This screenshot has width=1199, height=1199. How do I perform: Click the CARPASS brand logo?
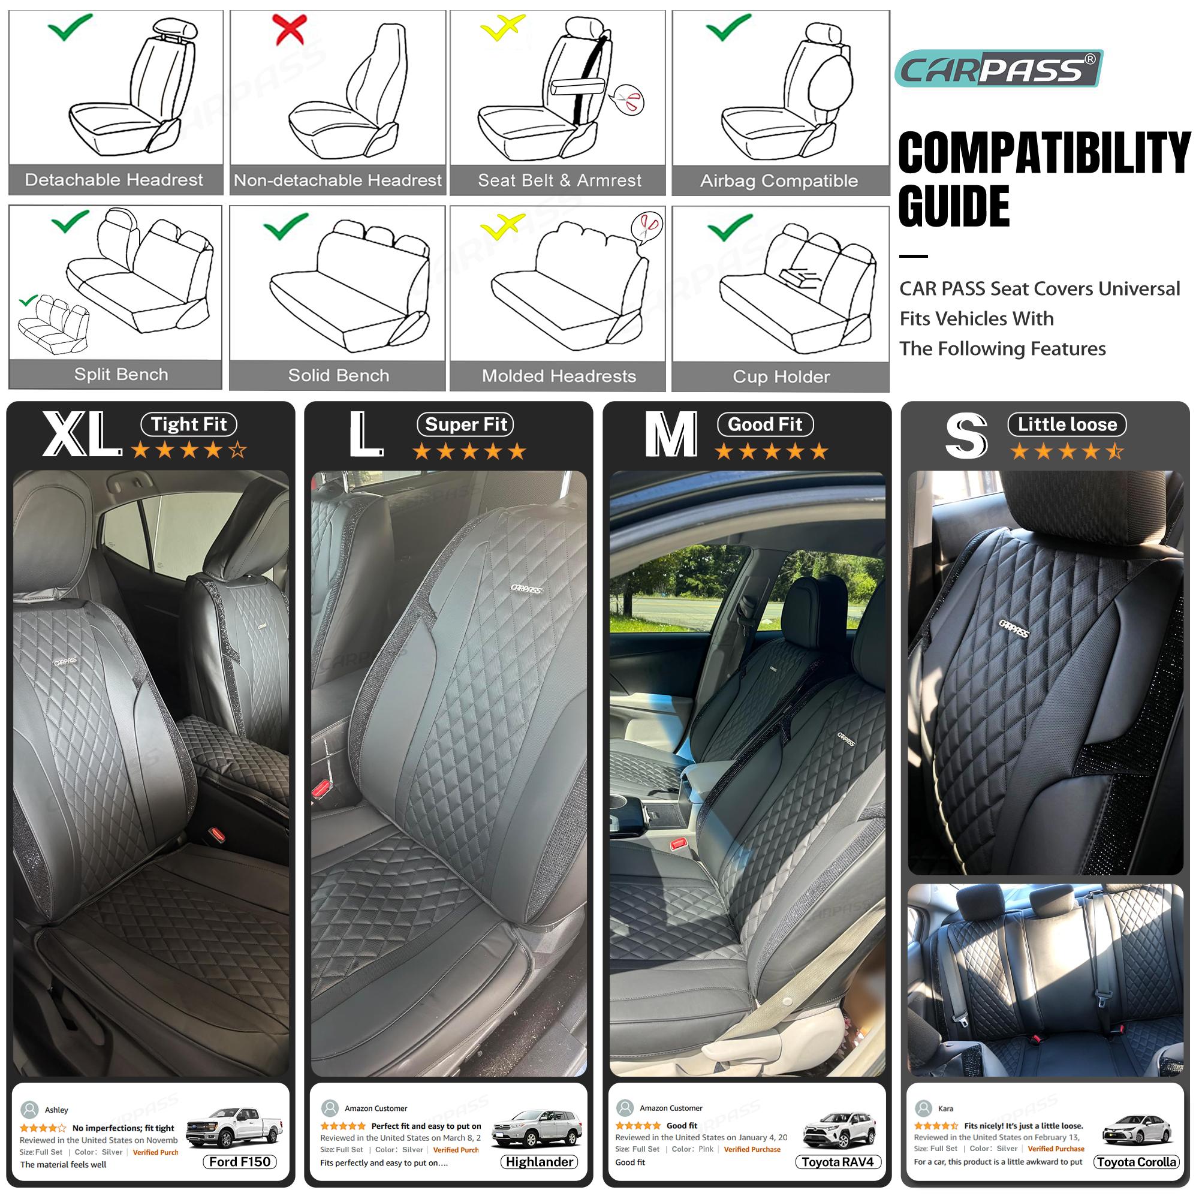998,68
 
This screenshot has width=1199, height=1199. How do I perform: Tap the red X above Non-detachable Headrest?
289,29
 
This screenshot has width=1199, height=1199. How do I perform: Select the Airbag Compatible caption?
779,180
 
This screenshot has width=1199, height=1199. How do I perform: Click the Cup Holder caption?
781,376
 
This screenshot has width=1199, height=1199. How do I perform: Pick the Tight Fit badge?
189,424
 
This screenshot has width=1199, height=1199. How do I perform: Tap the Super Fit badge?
465,424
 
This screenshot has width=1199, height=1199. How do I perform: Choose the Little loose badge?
1067,424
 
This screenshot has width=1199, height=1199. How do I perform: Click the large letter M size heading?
671,436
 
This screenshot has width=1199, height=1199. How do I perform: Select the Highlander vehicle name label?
539,1162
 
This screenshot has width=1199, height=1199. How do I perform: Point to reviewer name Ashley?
56,1110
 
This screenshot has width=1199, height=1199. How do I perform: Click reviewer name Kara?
945,1108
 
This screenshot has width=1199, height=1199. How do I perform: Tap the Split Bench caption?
121,375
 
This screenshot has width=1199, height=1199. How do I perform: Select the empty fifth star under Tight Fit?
237,450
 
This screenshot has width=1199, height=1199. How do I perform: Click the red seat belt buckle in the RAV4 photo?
677,844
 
